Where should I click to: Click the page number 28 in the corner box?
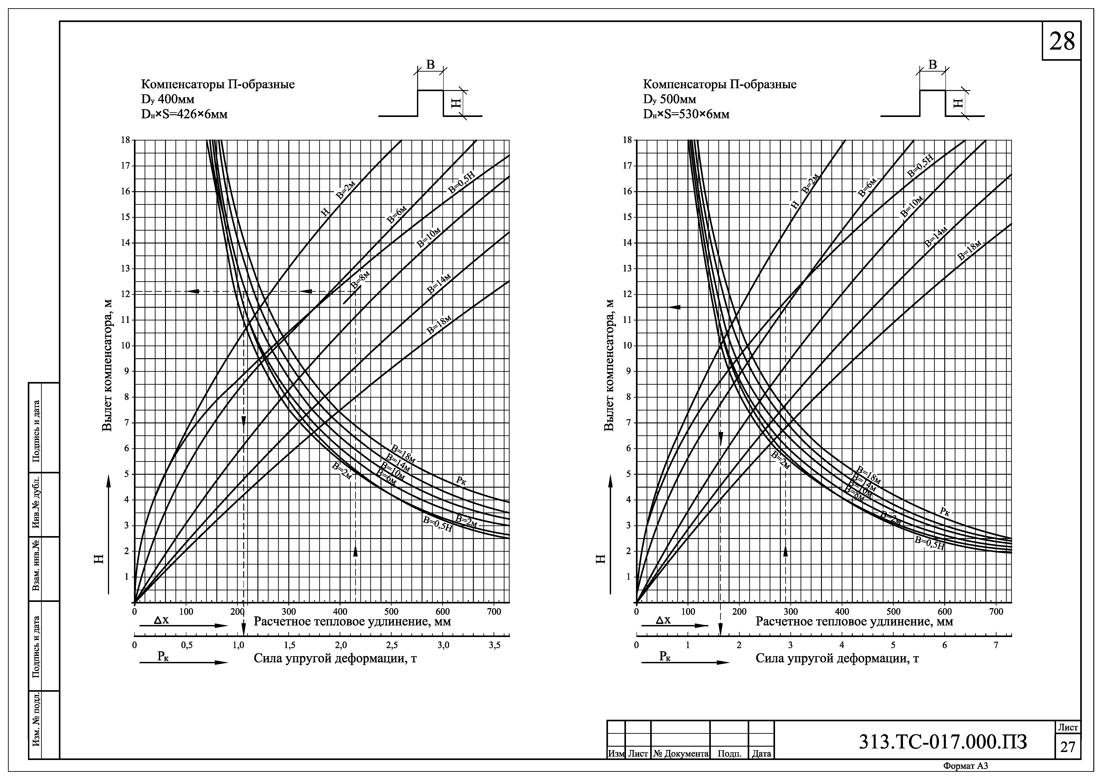pos(1062,42)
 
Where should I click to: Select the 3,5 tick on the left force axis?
pos(495,645)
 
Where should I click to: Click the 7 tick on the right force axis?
pos(996,645)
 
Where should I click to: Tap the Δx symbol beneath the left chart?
pos(161,620)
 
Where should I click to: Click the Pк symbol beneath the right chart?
pos(665,656)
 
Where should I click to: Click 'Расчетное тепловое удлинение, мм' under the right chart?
pos(854,621)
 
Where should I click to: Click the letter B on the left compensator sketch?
pos(430,65)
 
